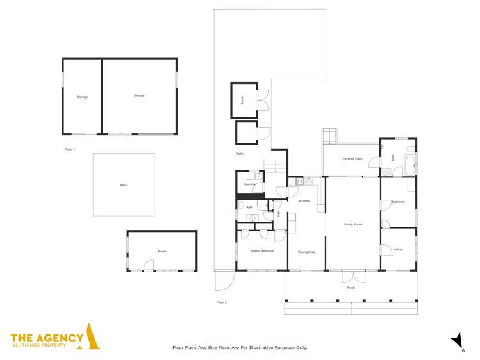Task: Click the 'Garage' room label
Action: point(139,95)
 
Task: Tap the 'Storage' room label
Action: point(82,97)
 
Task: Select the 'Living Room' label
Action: point(353,224)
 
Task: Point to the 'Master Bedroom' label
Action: point(261,251)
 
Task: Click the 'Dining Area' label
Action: point(306,252)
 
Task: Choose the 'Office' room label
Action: point(398,250)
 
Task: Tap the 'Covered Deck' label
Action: point(352,158)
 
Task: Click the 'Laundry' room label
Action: point(250,184)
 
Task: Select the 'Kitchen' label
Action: point(304,201)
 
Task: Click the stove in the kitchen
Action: point(299,181)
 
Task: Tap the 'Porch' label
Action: point(351,288)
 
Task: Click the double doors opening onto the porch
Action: point(351,277)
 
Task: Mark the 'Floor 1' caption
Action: point(70,149)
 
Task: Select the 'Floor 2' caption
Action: point(221,302)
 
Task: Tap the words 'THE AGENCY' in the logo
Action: point(47,338)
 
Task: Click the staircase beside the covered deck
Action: point(329,136)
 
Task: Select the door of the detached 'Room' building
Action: point(149,269)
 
